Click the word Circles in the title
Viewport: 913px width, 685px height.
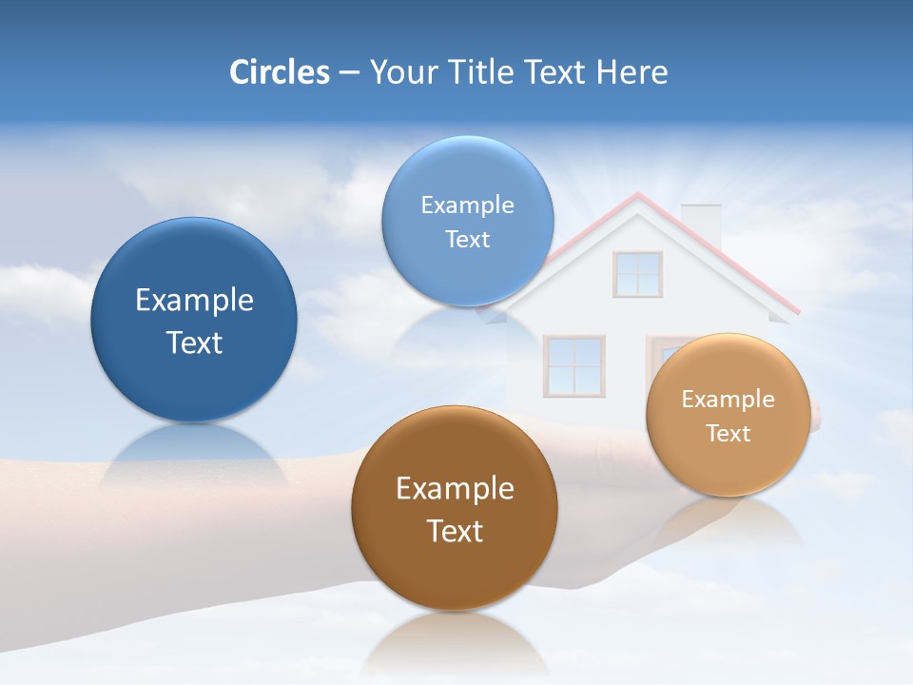point(280,72)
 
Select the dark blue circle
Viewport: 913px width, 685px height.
point(194,320)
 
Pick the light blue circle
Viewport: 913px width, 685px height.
point(467,221)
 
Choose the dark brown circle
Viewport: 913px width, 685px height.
point(455,508)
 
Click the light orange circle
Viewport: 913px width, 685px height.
point(728,415)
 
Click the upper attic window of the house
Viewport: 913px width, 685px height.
point(637,274)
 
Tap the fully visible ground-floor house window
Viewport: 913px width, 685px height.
point(573,366)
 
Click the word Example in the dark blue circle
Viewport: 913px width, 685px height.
point(194,301)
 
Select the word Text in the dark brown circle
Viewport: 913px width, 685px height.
point(455,531)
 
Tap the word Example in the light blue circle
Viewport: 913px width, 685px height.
point(467,205)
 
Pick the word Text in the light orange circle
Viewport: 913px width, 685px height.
point(728,434)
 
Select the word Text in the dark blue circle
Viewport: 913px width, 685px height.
point(194,342)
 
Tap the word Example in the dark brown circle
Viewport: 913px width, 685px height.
point(455,489)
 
